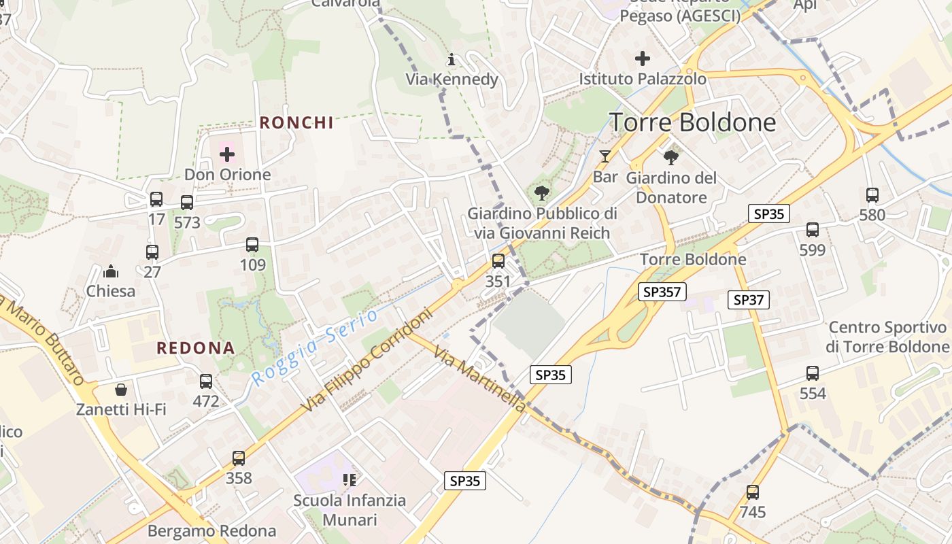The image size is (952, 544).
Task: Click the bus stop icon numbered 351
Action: point(498,261)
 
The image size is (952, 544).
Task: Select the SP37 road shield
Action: point(748,299)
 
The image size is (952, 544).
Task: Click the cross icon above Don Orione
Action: point(227,154)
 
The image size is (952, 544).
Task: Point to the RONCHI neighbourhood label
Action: point(296,122)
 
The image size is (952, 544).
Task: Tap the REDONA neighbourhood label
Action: point(196,348)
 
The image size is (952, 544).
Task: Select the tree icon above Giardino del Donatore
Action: point(671,158)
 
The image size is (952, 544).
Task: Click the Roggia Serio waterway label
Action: point(314,347)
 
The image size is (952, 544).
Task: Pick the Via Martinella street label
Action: point(480,381)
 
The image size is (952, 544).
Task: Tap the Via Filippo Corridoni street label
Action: point(367,360)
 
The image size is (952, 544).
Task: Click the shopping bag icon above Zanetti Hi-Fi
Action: point(121,390)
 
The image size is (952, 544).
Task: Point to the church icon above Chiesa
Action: point(110,272)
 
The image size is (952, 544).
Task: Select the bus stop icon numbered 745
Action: point(752,492)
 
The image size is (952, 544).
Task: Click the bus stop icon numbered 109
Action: point(252,245)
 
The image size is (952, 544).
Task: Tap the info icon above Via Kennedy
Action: point(452,60)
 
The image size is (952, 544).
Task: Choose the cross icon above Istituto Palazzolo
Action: point(642,58)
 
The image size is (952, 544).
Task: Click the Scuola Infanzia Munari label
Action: point(350,510)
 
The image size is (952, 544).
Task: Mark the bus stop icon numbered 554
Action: point(813,373)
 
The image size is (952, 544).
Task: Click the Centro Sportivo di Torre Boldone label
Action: point(888,337)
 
